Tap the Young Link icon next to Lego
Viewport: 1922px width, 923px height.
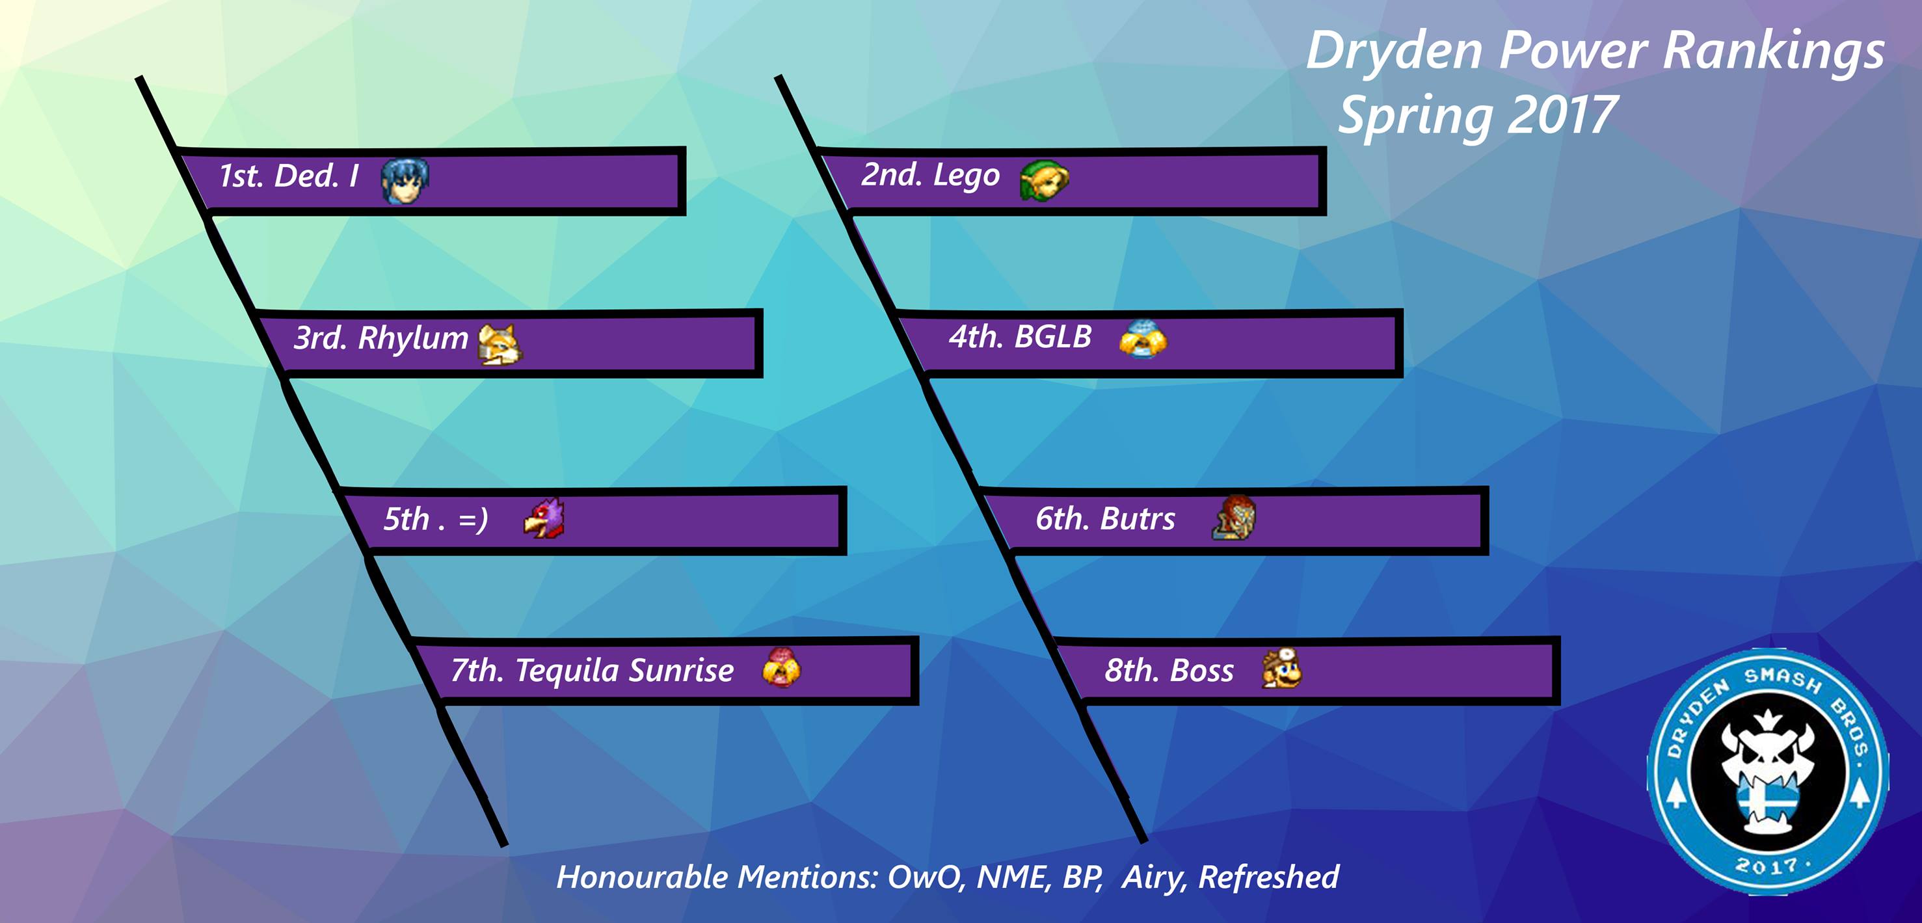pos(1044,180)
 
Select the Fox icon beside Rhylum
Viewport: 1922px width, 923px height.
pos(500,344)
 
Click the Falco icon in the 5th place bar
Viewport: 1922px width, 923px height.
pos(544,518)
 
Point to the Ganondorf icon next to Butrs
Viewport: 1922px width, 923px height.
pos(1234,517)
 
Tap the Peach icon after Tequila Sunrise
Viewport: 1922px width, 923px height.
pos(781,668)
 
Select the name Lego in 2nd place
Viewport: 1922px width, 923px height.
pos(967,176)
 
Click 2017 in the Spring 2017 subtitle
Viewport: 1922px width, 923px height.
pos(1561,116)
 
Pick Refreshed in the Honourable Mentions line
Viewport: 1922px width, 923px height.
pos(1268,877)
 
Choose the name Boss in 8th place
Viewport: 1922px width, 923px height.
pos(1201,671)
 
